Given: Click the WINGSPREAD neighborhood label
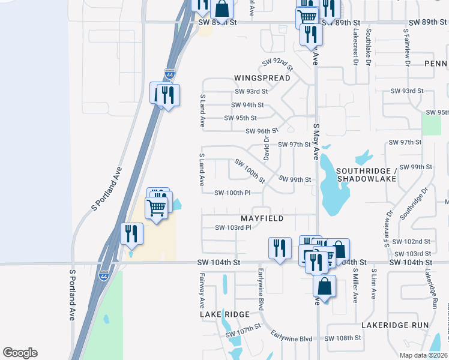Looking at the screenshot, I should (262, 78).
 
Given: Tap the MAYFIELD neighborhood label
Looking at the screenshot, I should (262, 219).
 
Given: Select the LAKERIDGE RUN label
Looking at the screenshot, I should (395, 325).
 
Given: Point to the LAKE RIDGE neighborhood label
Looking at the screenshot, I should (224, 314).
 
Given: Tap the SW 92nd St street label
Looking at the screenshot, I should (277, 64).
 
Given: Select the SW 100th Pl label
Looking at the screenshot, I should (232, 193).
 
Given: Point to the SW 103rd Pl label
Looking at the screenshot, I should (233, 227).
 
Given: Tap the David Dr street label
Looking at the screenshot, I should (265, 146).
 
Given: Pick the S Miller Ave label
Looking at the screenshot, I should (355, 286).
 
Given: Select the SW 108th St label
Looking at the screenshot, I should (343, 338).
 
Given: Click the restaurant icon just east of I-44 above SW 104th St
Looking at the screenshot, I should (131, 233).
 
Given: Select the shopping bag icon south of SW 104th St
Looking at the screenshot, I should (324, 286).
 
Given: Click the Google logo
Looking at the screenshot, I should (20, 353).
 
